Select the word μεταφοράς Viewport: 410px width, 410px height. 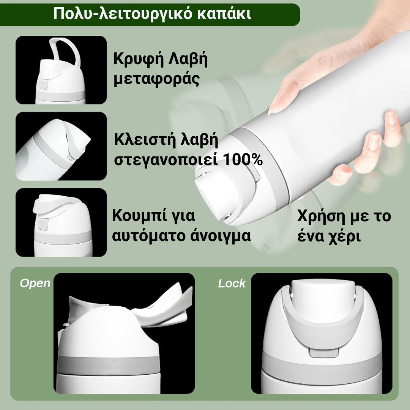pyautogui.click(x=157, y=80)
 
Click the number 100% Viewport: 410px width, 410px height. pyautogui.click(x=242, y=160)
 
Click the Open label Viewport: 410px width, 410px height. pyautogui.click(x=35, y=283)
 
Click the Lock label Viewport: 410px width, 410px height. pyautogui.click(x=232, y=283)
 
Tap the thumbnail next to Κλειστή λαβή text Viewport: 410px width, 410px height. pyautogui.click(x=61, y=146)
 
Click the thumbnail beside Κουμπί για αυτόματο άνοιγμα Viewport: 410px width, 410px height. pyautogui.click(x=61, y=222)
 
